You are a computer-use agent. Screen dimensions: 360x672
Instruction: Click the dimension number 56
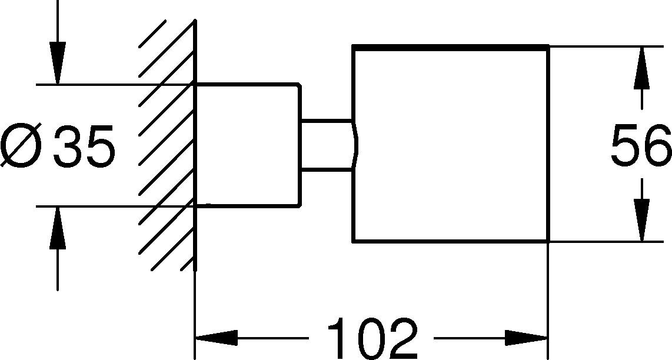pos(641,145)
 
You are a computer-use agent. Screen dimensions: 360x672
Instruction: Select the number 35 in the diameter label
pos(82,145)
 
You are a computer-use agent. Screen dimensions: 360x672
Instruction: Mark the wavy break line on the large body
pos(354,145)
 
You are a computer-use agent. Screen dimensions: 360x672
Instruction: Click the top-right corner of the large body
pos(548,46)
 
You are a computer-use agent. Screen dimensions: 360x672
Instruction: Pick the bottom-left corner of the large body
pos(352,241)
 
